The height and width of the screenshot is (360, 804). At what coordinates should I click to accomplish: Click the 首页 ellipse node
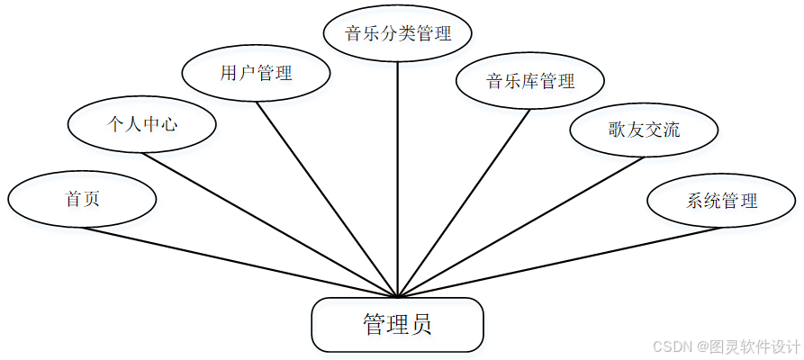[82, 198]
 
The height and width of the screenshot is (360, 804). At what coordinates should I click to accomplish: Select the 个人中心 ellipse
[142, 124]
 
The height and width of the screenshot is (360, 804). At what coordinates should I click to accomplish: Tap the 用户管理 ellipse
[257, 73]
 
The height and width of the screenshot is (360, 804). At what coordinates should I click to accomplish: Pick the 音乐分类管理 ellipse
[398, 34]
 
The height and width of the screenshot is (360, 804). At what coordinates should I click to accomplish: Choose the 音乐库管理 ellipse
[530, 82]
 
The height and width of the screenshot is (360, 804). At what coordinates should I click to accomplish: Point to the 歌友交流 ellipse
[644, 130]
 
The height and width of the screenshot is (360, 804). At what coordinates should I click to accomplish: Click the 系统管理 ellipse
[721, 200]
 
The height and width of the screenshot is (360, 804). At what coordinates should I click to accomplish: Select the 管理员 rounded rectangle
[397, 324]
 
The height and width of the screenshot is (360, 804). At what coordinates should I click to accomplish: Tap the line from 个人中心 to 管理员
[270, 225]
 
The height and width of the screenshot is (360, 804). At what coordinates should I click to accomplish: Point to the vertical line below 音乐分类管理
[398, 180]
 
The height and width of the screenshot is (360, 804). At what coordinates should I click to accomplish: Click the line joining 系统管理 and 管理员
[558, 262]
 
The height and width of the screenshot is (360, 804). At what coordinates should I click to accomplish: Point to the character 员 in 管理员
[420, 324]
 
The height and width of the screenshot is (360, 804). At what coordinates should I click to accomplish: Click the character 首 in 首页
[73, 198]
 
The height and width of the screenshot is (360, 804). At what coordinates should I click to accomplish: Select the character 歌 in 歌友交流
[617, 130]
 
